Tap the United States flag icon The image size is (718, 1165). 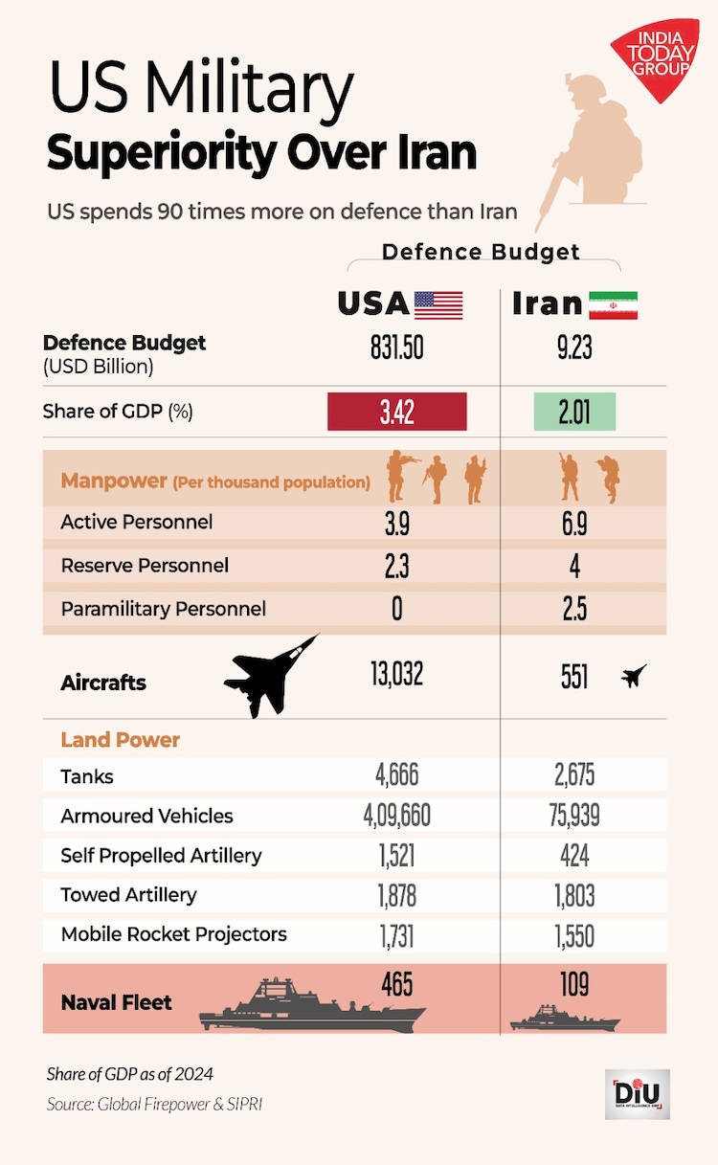pos(438,304)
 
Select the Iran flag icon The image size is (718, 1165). pos(613,304)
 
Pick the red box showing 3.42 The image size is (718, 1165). pos(396,412)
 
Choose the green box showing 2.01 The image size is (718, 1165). pos(573,412)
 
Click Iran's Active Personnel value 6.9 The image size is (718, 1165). pos(574,523)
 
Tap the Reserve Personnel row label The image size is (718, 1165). pos(145,566)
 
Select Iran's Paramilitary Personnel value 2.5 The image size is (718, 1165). pos(574,609)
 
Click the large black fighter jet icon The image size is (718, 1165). pos(271,675)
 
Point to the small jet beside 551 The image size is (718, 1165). pos(633,677)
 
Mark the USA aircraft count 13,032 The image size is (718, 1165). pos(396,674)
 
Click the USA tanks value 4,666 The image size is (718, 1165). pos(396,775)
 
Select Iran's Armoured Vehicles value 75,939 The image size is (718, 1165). pos(574,816)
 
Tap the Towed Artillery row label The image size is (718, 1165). pos(128,895)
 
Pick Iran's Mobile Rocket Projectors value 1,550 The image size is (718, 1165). pos(574,935)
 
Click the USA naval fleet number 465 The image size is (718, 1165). pos(396,983)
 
